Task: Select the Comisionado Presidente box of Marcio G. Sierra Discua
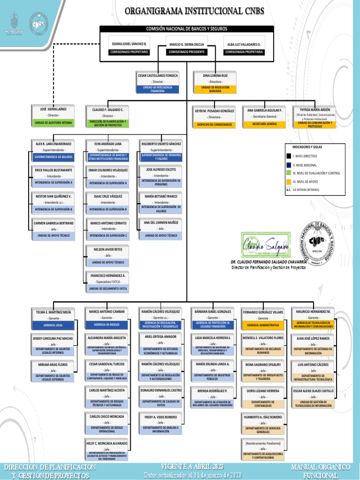pyautogui.click(x=187, y=48)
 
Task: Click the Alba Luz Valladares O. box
pyautogui.click(x=244, y=48)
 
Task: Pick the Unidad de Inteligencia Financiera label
pyautogui.click(x=157, y=89)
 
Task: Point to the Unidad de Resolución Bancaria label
pyautogui.click(x=215, y=89)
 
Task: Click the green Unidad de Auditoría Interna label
pyautogui.click(x=53, y=123)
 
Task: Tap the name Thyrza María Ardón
pyautogui.click(x=315, y=110)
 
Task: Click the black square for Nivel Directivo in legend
pyautogui.click(x=289, y=156)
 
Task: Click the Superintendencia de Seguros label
pyautogui.click(x=53, y=157)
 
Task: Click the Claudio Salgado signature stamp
pyautogui.click(x=265, y=245)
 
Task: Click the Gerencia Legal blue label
pyautogui.click(x=53, y=325)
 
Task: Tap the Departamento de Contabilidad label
pyautogui.click(x=263, y=404)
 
